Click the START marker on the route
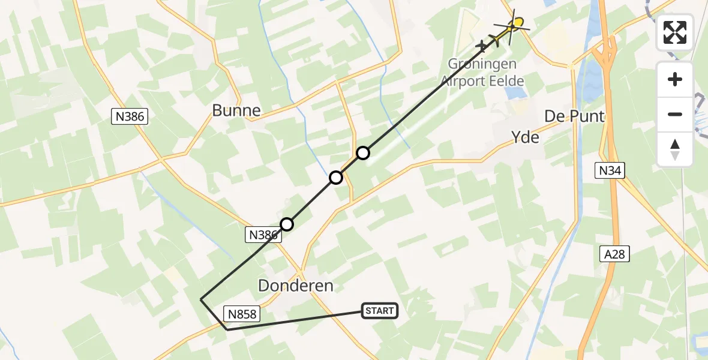click(x=379, y=310)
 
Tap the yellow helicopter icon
click(x=514, y=25)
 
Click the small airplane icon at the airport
click(x=482, y=46)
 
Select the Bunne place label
click(x=236, y=110)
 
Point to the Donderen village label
click(x=295, y=286)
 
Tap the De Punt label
click(x=574, y=116)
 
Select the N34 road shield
click(x=611, y=172)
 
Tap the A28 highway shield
click(x=616, y=254)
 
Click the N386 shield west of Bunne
click(x=129, y=116)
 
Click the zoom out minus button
click(x=675, y=114)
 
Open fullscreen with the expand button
click(x=675, y=32)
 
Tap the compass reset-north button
click(x=675, y=149)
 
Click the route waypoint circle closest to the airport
click(x=363, y=153)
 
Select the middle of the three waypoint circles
click(x=336, y=178)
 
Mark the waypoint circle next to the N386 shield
click(x=287, y=224)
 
